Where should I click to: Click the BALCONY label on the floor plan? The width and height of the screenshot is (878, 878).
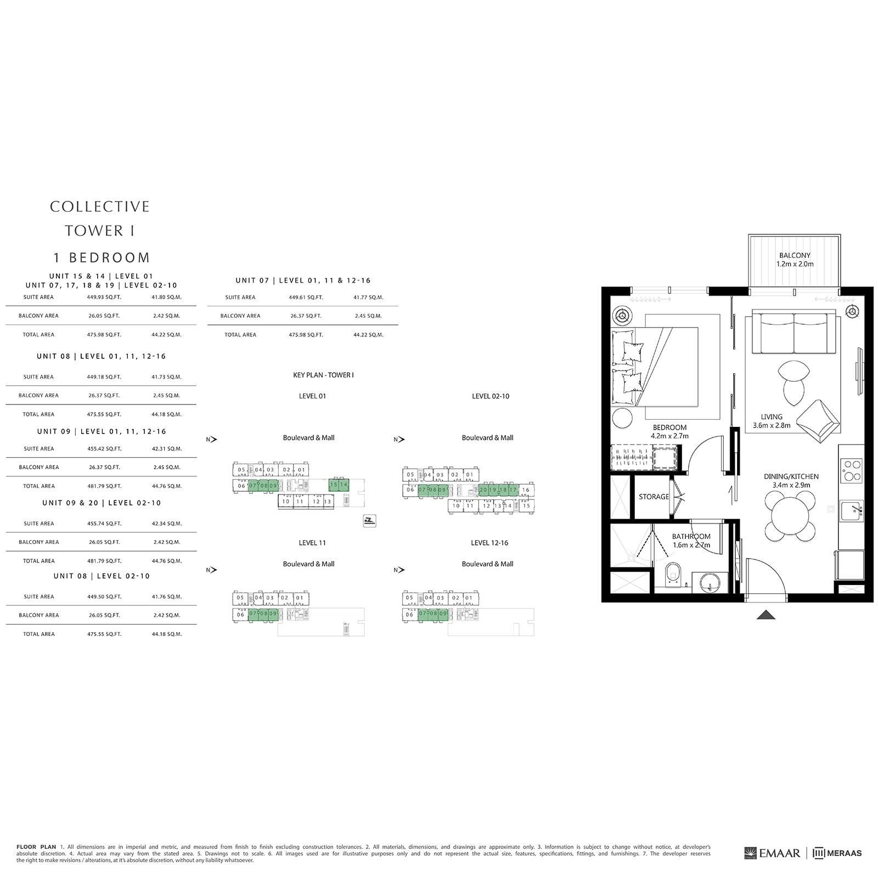tap(794, 255)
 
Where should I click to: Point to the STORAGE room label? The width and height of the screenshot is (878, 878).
tap(653, 497)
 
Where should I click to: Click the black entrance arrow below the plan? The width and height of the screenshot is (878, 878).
tap(766, 615)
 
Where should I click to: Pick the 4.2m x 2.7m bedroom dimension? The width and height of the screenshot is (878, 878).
tap(669, 436)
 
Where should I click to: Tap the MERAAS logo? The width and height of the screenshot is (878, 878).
tap(837, 853)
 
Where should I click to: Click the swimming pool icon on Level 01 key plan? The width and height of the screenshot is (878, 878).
tap(369, 521)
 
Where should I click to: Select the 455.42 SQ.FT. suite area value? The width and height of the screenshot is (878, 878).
tap(104, 449)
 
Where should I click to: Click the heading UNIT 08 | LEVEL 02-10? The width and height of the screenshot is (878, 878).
tap(102, 576)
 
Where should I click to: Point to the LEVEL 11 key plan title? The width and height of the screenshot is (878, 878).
tap(312, 543)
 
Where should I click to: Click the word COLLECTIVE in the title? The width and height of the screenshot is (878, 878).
tap(99, 207)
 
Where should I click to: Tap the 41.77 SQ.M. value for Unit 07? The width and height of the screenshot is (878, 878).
tap(368, 297)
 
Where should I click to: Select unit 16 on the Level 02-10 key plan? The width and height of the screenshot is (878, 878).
tap(526, 490)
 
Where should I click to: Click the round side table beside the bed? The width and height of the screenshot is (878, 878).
tap(623, 418)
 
